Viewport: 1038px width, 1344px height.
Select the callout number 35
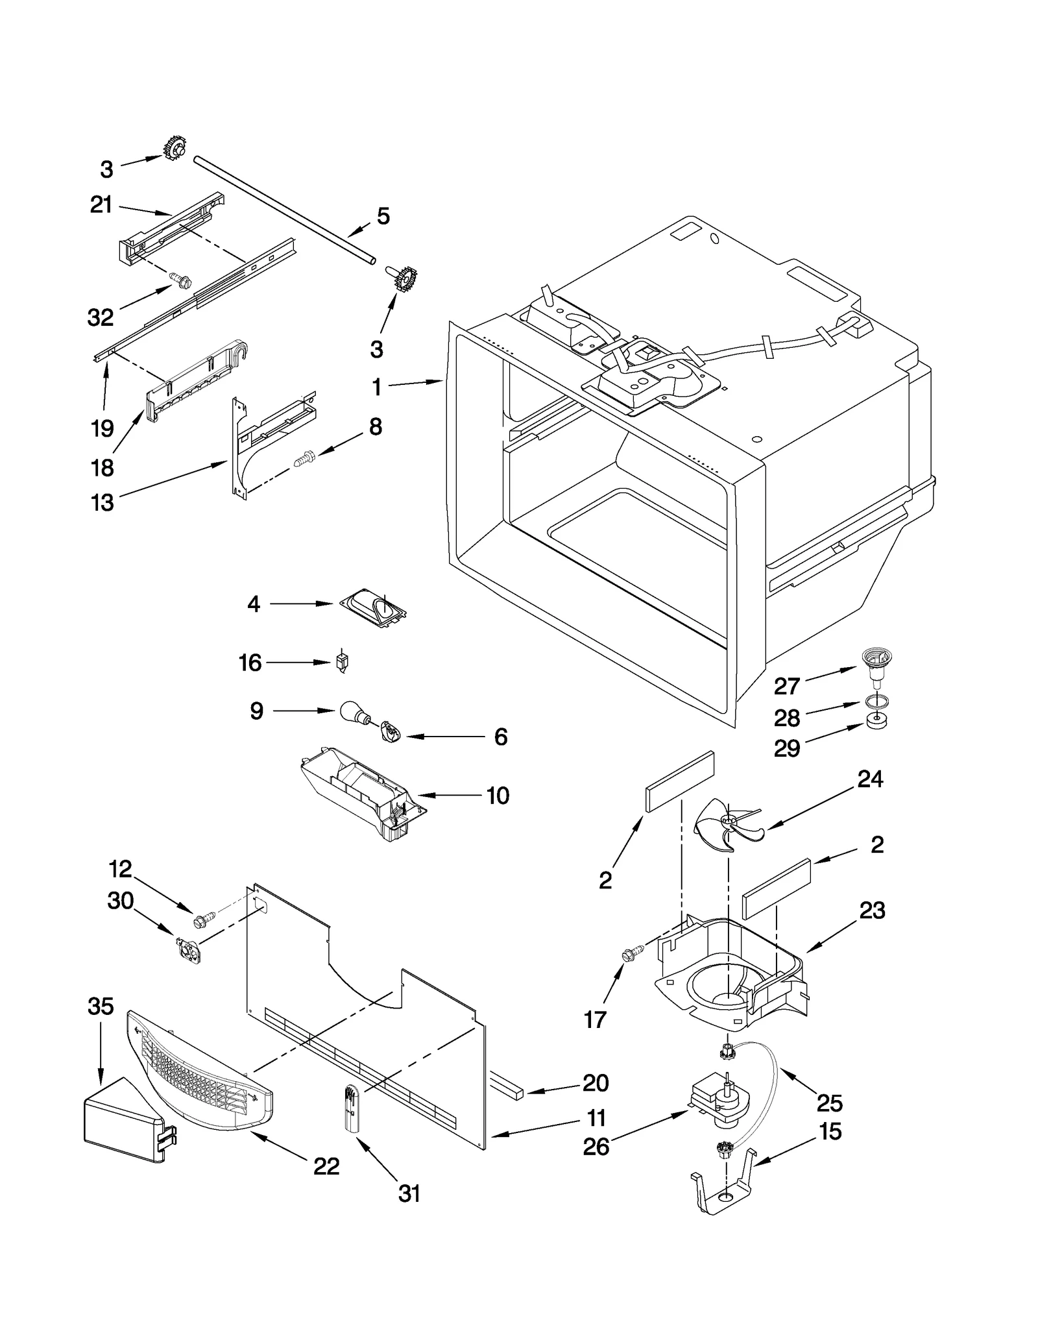pyautogui.click(x=101, y=1007)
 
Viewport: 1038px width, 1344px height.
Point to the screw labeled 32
pyautogui.click(x=180, y=280)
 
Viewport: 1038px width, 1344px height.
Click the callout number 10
pyautogui.click(x=498, y=796)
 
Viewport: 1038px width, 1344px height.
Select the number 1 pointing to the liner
pyautogui.click(x=377, y=387)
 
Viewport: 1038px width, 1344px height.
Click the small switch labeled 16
pyautogui.click(x=342, y=663)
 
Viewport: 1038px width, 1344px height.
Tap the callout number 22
pyautogui.click(x=326, y=1166)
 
